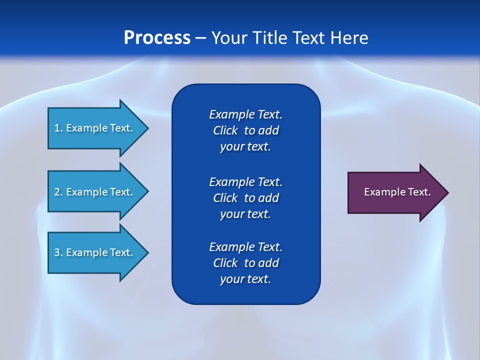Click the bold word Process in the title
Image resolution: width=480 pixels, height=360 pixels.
tap(157, 38)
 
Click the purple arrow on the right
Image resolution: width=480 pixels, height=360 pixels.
tap(395, 192)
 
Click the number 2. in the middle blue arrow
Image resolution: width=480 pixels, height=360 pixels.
tap(58, 192)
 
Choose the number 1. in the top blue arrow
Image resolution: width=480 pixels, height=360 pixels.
tap(58, 128)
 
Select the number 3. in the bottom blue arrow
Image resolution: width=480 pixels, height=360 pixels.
tap(58, 252)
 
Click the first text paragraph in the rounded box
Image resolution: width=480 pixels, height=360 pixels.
tap(245, 130)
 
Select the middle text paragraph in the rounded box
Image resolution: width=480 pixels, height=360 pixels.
tap(245, 197)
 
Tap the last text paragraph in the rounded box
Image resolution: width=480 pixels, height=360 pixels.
tap(245, 263)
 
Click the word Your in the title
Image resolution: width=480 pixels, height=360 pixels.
tap(227, 38)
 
